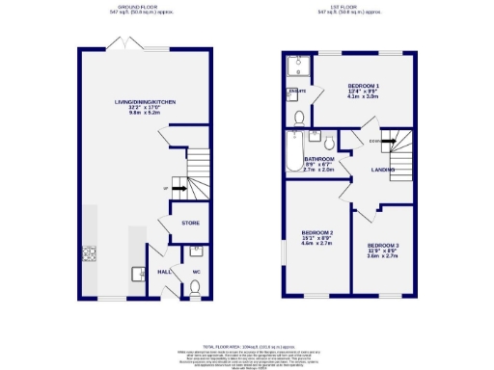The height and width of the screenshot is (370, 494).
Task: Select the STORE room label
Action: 189,223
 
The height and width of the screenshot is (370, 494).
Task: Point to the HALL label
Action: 164,273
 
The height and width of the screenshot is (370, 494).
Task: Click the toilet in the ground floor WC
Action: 195,285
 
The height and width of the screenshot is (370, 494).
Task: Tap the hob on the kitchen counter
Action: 91,254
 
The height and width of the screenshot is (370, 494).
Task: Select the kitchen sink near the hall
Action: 139,273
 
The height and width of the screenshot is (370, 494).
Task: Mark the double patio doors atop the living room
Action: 125,45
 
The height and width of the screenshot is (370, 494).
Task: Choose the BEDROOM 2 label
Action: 317,233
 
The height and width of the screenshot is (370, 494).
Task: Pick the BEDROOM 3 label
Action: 382,246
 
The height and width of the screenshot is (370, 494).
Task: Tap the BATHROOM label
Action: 318,159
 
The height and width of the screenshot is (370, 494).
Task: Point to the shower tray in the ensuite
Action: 297,68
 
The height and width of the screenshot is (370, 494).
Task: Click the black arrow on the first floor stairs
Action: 391,140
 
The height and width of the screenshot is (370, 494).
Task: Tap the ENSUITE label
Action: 298,92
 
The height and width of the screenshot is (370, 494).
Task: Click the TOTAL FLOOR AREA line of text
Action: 246,344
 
